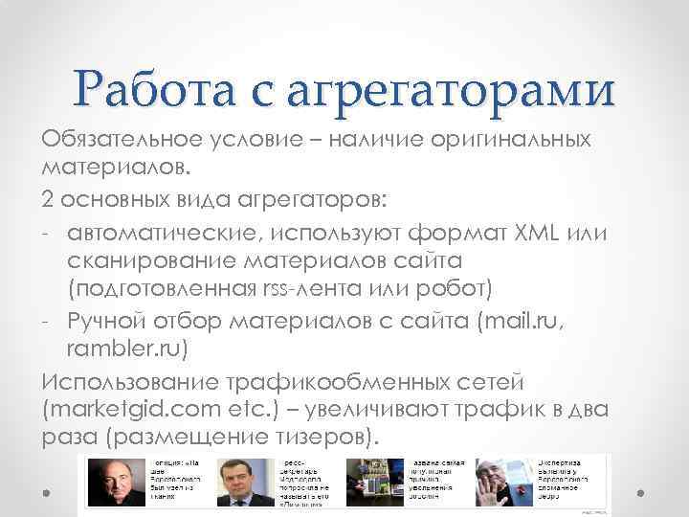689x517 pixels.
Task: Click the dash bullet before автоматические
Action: tap(48, 233)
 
